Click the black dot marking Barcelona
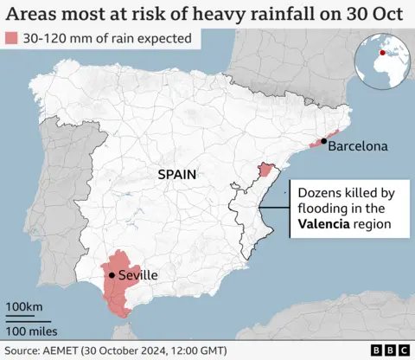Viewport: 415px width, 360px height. (323, 141)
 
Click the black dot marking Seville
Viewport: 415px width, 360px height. (111, 275)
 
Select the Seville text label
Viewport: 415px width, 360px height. (137, 275)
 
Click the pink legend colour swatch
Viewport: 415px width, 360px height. (12, 40)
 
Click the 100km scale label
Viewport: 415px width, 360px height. (24, 307)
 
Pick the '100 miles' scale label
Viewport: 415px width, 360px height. (32, 330)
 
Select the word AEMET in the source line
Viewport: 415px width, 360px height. (60, 350)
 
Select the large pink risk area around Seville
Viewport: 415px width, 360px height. (115, 286)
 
